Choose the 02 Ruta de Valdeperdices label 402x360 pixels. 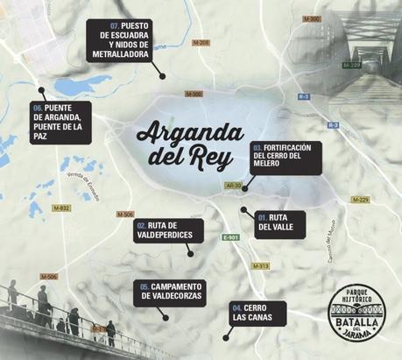click(169, 230)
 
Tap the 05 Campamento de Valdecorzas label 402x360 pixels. click(171, 293)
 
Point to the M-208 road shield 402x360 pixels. click(201, 42)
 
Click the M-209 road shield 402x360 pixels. click(351, 65)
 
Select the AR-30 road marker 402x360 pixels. click(233, 186)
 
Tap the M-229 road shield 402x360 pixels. click(360, 199)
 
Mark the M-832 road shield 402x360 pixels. click(60, 208)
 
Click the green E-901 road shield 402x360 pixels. click(230, 237)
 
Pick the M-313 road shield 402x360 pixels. click(260, 265)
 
